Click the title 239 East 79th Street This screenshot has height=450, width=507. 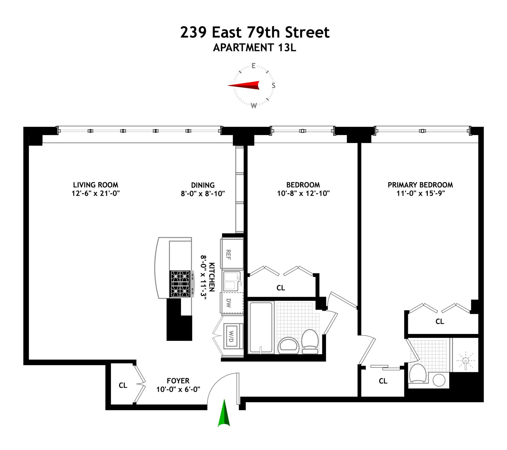255,32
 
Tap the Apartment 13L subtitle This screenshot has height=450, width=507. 254,48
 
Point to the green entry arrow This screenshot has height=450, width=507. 224,414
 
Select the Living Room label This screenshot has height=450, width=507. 95,185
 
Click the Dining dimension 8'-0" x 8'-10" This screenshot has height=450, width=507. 203,193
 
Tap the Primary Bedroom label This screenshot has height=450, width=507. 420,185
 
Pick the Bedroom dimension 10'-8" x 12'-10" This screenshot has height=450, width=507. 303,193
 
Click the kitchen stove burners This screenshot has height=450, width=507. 180,284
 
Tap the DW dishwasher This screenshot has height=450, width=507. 232,303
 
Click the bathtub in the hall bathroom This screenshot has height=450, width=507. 261,327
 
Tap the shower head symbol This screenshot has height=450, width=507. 465,361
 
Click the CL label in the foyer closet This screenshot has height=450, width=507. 123,385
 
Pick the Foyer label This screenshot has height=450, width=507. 178,381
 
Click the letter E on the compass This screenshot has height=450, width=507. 253,66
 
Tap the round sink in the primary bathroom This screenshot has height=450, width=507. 439,380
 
